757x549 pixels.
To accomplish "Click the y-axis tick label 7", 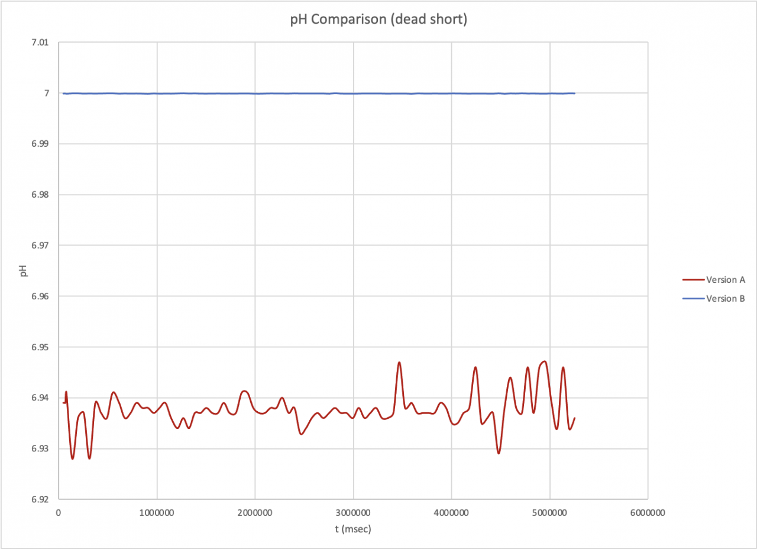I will point(46,93).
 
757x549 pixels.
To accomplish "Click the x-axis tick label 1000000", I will point(157,512).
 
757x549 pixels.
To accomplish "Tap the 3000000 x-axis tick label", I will point(353,512).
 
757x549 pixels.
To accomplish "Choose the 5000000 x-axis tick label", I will point(549,512).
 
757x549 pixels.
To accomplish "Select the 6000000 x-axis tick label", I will point(647,512).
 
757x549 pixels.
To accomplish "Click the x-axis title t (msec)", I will point(352,529).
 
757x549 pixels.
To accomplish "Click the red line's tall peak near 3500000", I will point(399,362).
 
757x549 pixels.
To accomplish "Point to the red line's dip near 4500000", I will point(499,453).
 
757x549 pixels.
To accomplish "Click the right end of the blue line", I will point(574,93).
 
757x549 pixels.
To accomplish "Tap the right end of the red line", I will point(574,418).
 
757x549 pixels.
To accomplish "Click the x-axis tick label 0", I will point(59,512).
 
